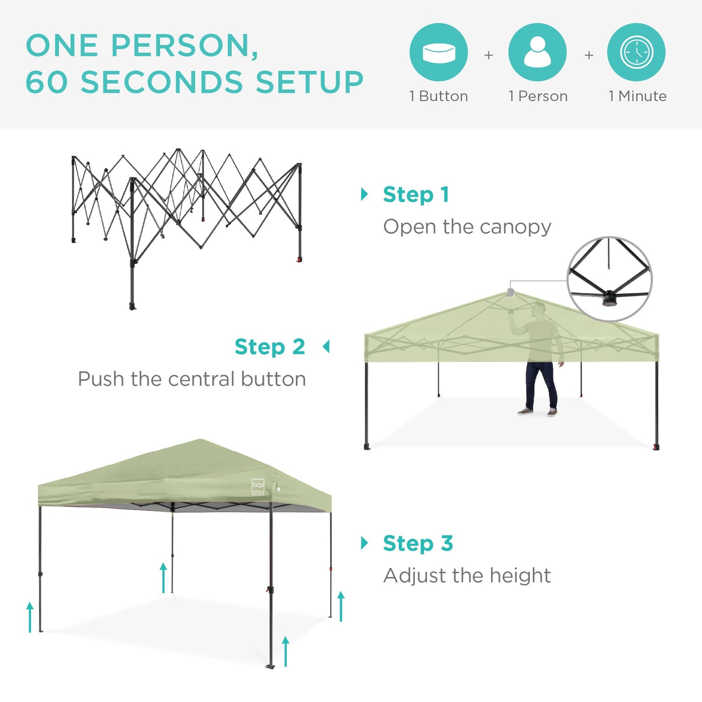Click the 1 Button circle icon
(x=438, y=52)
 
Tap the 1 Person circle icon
(x=537, y=52)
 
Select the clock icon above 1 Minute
(x=636, y=52)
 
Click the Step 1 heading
(x=416, y=194)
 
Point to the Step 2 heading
(x=270, y=347)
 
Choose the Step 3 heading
(x=418, y=543)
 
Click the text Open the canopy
(x=467, y=227)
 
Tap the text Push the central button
(x=192, y=379)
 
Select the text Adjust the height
(x=467, y=576)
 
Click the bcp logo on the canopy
(x=258, y=485)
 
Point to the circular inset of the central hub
(x=610, y=279)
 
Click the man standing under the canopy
(x=538, y=360)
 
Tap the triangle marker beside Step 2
(x=326, y=347)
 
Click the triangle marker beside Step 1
(x=364, y=194)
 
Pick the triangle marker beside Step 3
(x=364, y=543)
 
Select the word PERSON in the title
(x=185, y=46)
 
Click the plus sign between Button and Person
(x=489, y=55)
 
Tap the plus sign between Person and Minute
(x=589, y=55)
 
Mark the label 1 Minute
(x=637, y=96)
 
